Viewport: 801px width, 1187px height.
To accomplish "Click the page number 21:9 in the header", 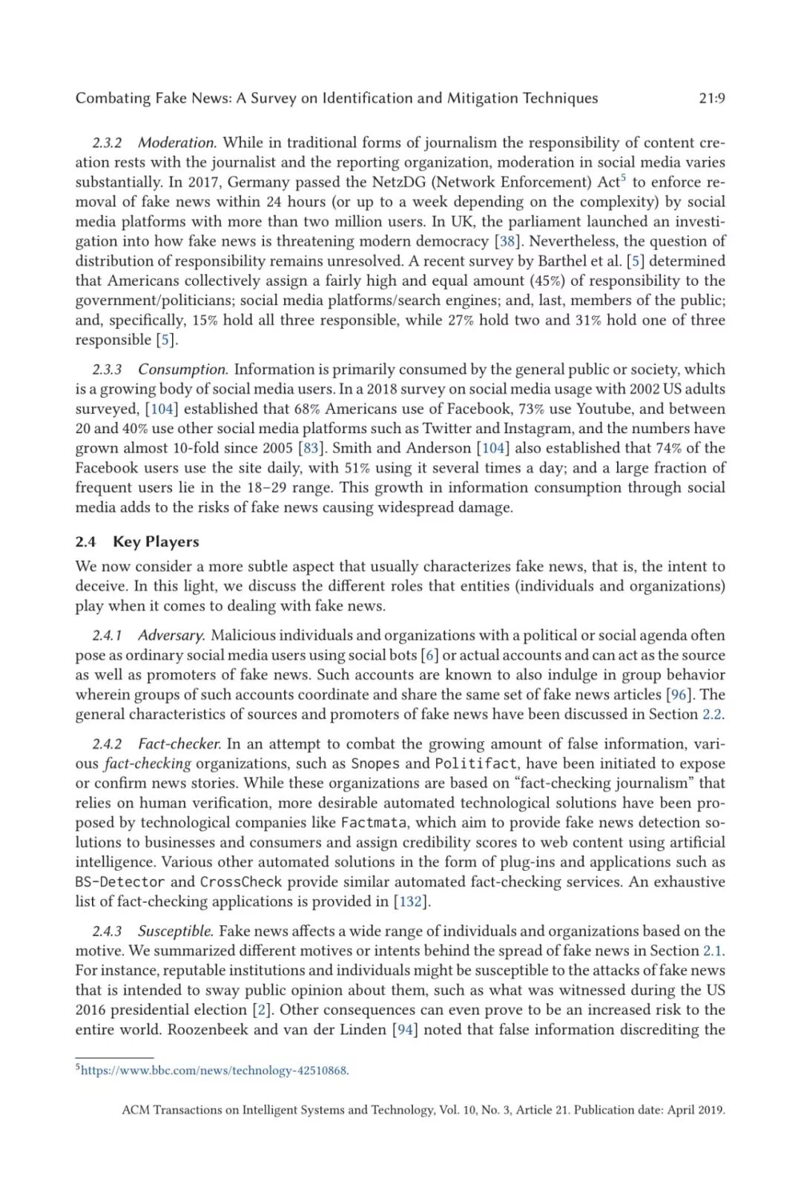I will point(711,98).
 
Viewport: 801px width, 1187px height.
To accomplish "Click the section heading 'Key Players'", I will point(156,542).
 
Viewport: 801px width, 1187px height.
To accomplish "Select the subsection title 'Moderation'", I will point(177,142).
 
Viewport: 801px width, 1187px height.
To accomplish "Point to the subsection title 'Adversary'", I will point(171,635).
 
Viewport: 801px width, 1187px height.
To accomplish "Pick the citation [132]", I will point(412,901).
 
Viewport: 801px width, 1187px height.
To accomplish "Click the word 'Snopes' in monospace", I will point(375,763).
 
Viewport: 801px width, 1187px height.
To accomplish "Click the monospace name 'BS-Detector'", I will point(119,882).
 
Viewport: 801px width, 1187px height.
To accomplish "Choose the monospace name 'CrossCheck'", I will point(240,882).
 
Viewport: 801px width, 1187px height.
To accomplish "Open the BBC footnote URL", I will point(214,1071).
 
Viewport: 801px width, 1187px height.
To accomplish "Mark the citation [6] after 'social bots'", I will point(429,655).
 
